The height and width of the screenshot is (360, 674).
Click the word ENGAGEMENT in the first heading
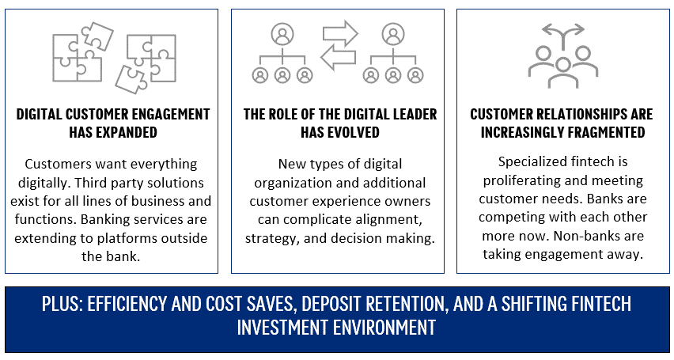[166, 115]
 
